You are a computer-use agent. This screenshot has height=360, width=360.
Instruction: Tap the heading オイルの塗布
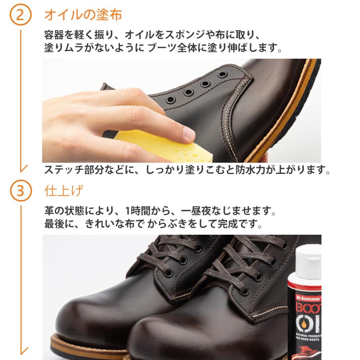pos(83,15)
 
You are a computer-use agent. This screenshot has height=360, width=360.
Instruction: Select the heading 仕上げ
pos(64,191)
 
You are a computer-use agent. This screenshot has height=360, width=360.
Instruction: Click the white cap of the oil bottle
pos(310,262)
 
